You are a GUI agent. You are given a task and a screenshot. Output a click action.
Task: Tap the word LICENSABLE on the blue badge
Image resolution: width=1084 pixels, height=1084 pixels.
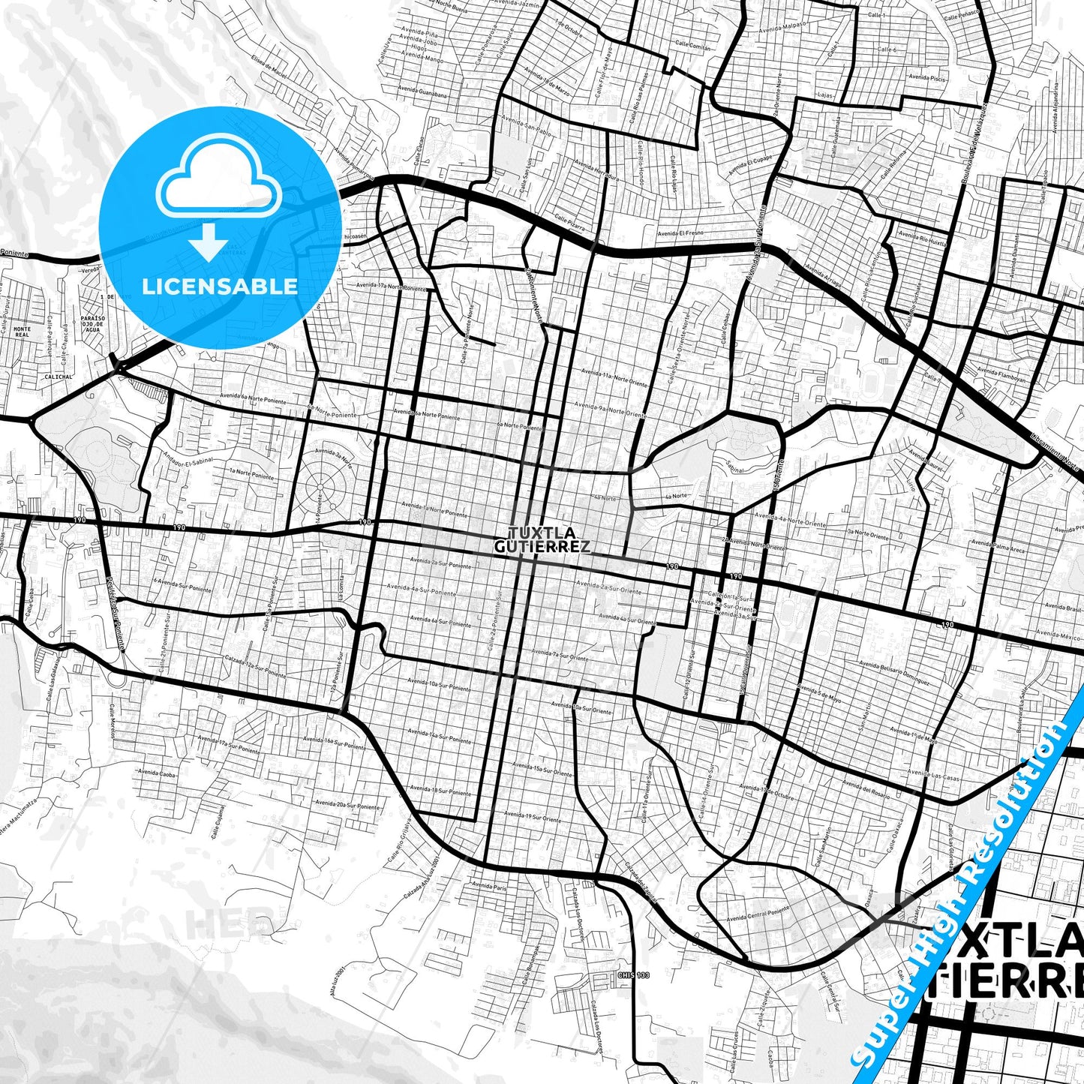pos(219,287)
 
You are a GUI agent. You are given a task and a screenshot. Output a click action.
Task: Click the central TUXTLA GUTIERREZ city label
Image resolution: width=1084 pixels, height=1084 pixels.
pos(542,540)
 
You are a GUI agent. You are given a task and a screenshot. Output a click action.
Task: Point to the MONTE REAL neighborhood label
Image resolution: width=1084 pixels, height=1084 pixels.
pos(23,332)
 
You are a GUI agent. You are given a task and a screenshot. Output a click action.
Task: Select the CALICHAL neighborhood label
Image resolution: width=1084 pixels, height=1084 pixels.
pos(59,377)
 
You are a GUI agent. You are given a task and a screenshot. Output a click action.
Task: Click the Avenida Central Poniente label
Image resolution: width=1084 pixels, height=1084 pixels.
pos(758,914)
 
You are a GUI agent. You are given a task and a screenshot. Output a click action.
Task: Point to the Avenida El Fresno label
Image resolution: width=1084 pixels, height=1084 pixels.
pos(680,233)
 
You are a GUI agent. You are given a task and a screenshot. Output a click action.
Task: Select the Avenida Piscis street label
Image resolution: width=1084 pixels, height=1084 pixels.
pos(927,77)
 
